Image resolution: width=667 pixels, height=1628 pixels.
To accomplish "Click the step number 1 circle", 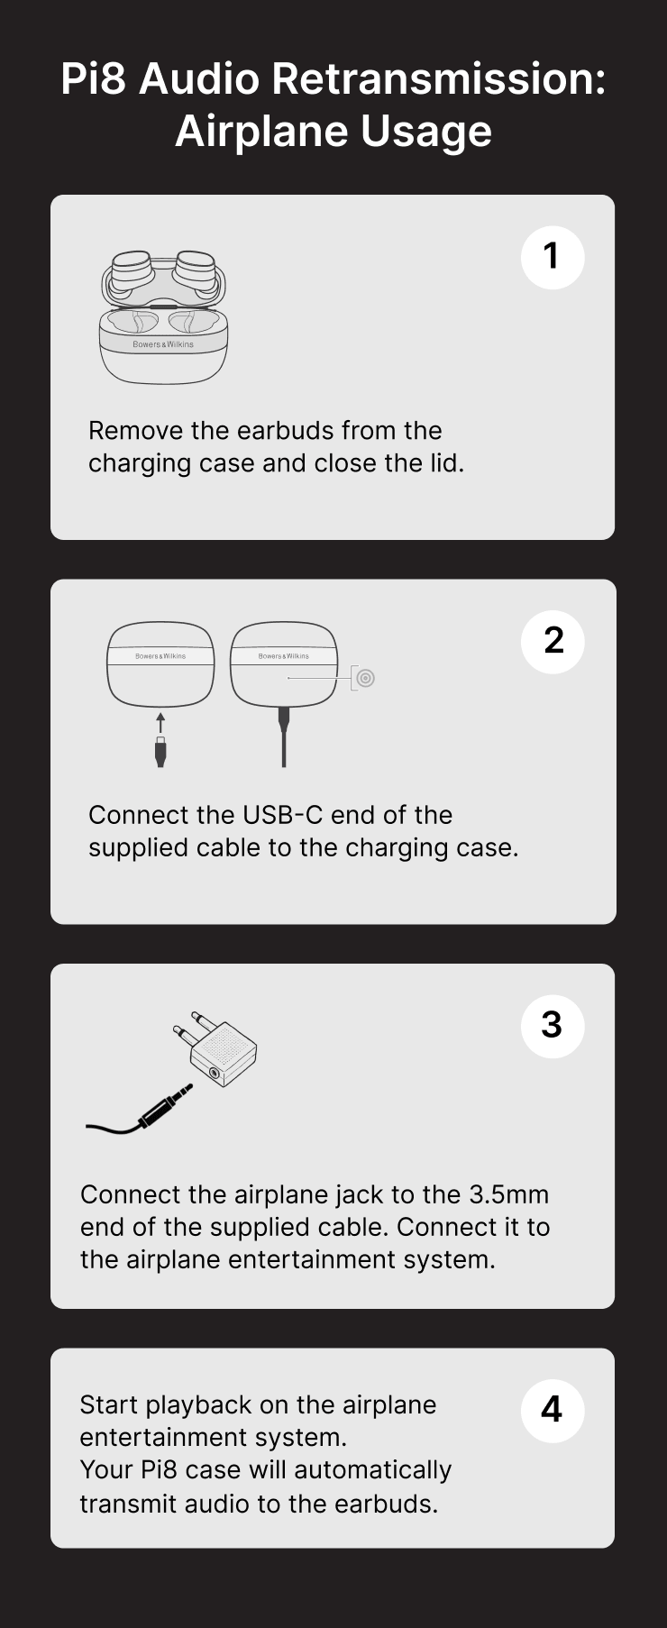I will point(553,257).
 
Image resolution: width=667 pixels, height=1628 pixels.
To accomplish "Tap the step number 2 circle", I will point(553,641).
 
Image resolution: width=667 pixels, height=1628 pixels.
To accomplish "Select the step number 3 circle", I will point(553,1026).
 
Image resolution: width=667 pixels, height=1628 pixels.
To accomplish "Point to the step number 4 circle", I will point(553,1410).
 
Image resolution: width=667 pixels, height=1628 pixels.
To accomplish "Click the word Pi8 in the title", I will point(95,79).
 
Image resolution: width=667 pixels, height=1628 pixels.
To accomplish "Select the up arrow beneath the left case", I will point(160,722).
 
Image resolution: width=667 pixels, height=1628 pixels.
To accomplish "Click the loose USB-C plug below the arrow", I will point(160,753).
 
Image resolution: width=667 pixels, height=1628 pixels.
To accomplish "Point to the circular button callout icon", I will point(365,678).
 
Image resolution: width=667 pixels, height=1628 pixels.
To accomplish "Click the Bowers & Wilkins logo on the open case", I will point(163,344).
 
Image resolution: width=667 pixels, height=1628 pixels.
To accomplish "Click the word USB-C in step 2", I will point(282,815).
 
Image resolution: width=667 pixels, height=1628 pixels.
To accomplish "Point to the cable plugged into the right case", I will point(284,739).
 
